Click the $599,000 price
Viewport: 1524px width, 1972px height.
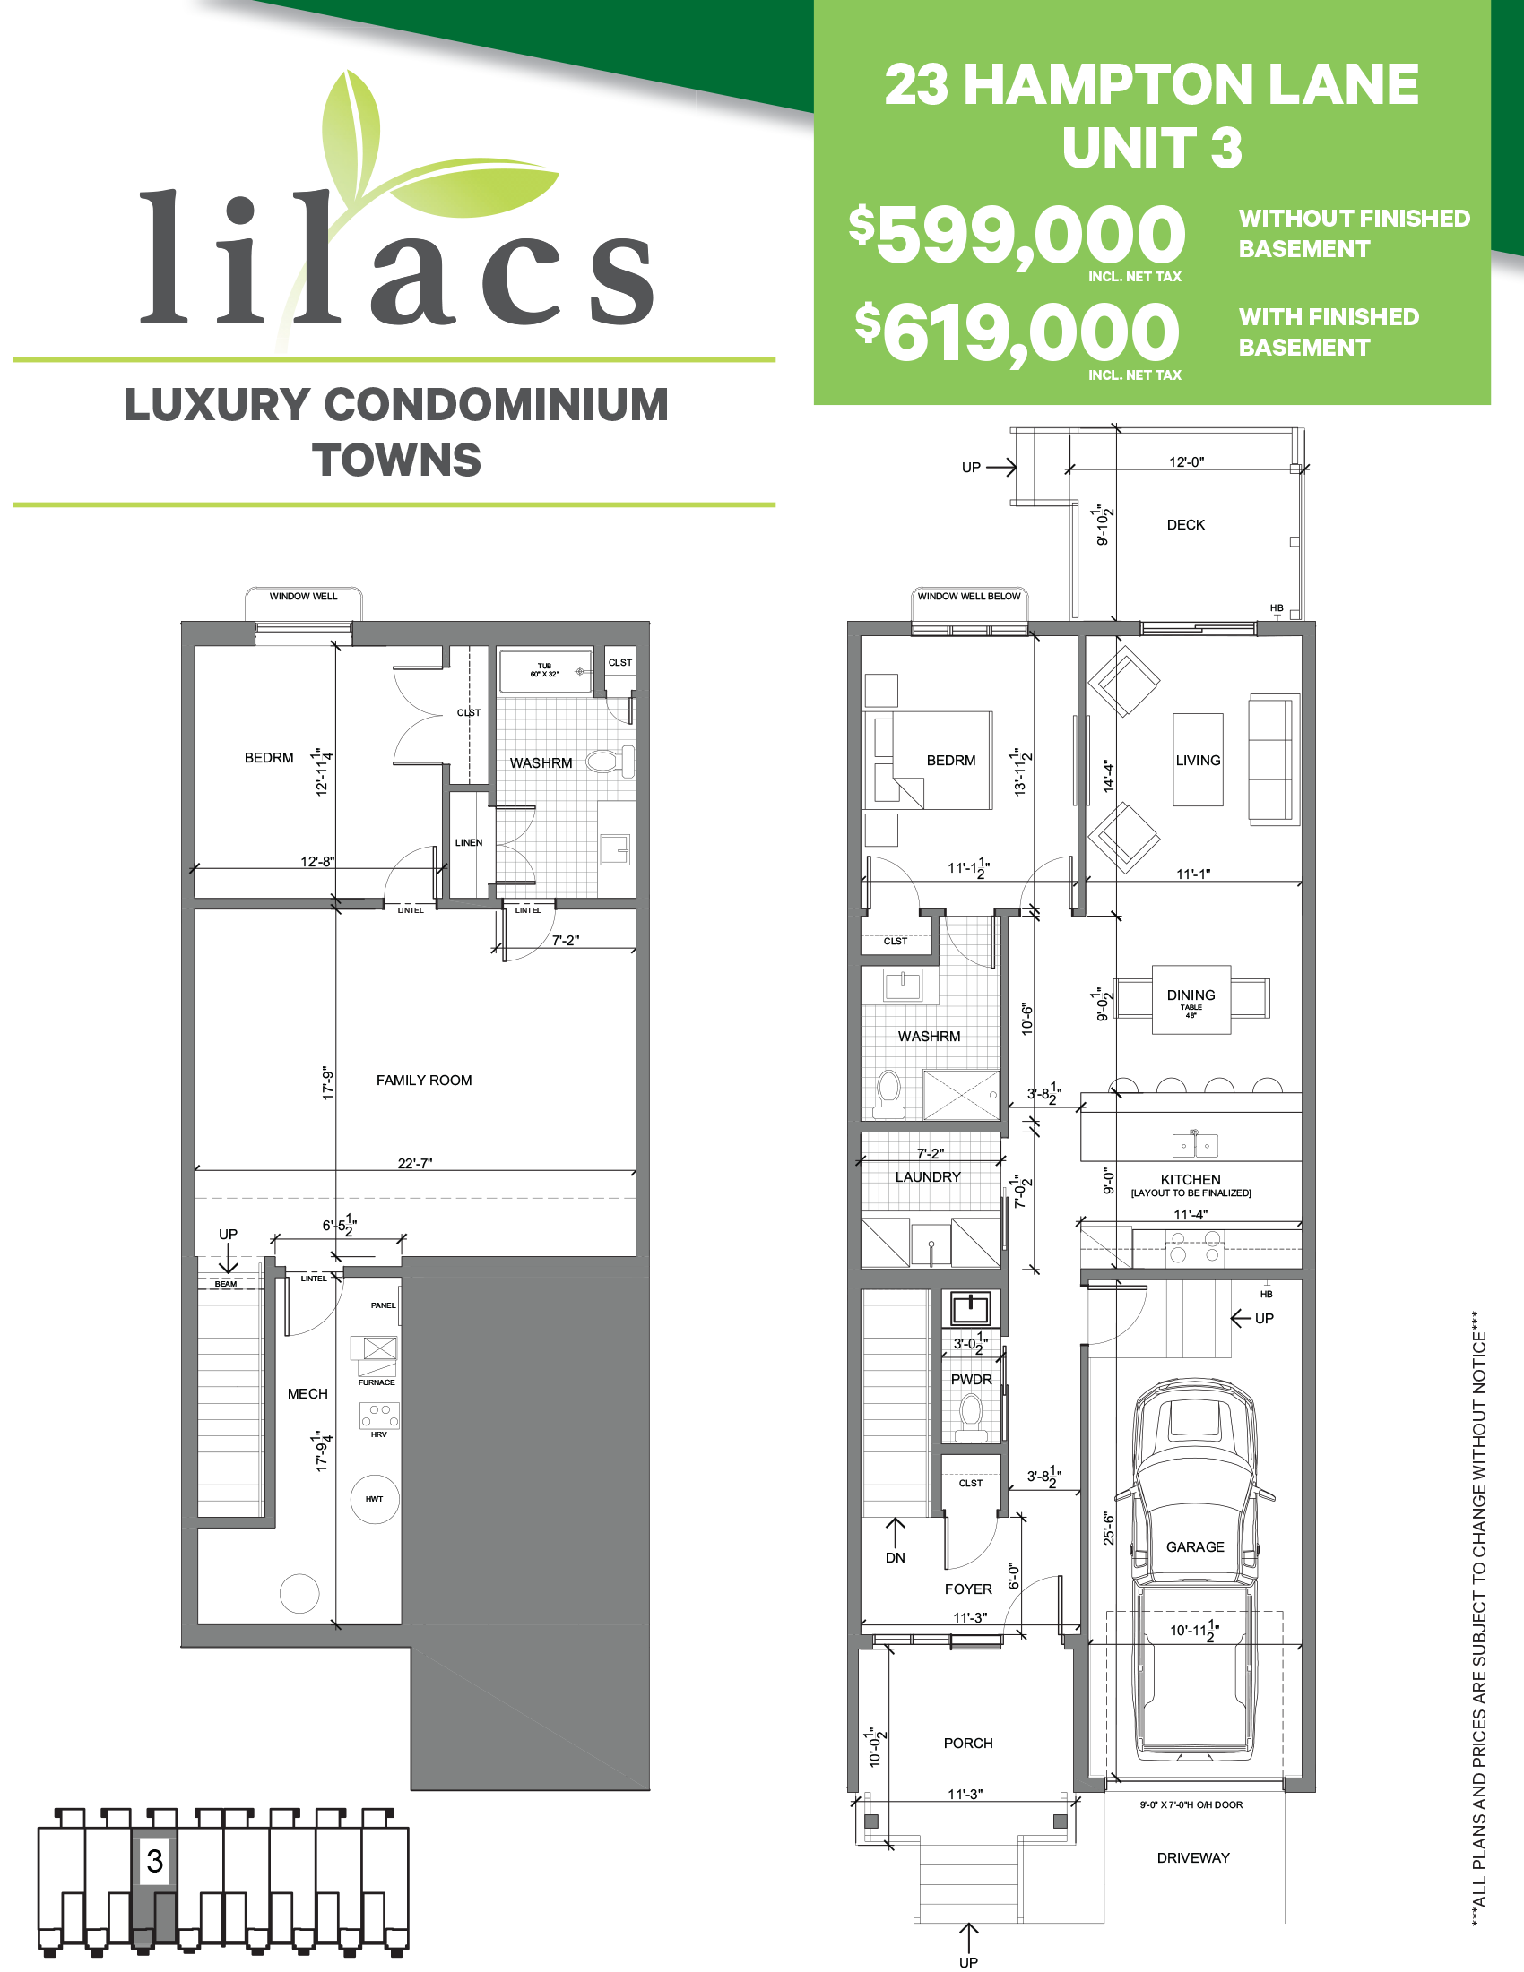click(x=1017, y=235)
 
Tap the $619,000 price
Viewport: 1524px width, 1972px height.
click(x=1017, y=333)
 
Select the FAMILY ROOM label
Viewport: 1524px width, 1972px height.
click(x=424, y=1080)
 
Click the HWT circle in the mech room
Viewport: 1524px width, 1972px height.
click(x=374, y=1499)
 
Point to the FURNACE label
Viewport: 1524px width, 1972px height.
click(x=377, y=1382)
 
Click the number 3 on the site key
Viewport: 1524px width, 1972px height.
click(x=154, y=1860)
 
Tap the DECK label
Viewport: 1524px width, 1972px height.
click(x=1185, y=525)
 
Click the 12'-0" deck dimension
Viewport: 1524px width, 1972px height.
click(x=1186, y=462)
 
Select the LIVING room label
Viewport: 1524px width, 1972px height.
click(x=1198, y=761)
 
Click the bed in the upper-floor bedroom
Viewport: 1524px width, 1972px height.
click(x=940, y=761)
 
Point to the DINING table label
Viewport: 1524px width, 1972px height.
click(x=1191, y=996)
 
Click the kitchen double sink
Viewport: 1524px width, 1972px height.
click(x=1195, y=1145)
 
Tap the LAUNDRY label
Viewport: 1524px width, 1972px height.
click(x=928, y=1177)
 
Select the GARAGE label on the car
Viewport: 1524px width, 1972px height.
click(x=1195, y=1546)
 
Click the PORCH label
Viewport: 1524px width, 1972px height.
click(x=967, y=1743)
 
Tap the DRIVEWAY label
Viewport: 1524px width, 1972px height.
click(x=1192, y=1857)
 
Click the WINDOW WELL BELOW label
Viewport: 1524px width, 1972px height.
click(x=968, y=596)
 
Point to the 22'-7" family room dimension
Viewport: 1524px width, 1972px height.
click(x=415, y=1163)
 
